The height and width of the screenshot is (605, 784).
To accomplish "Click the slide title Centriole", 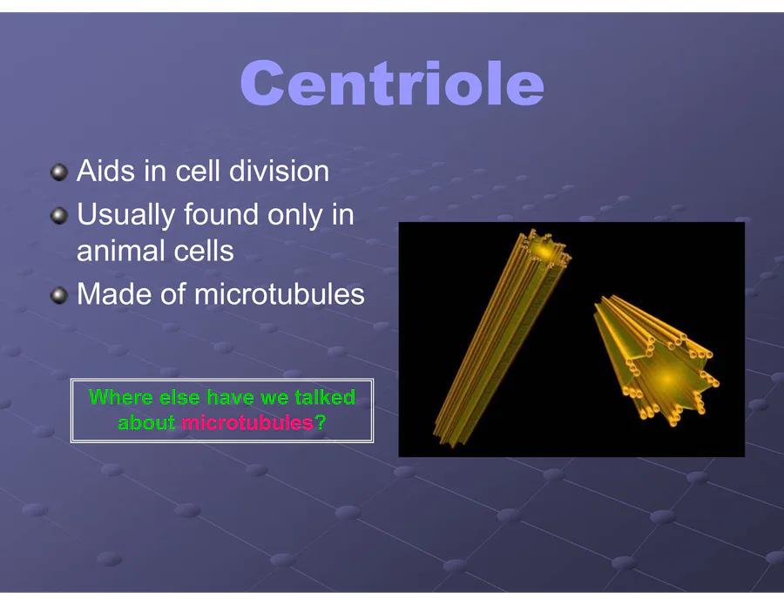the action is click(x=392, y=83).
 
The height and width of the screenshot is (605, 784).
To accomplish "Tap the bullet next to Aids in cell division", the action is click(x=59, y=172).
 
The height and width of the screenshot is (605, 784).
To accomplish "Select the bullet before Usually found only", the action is click(x=59, y=216).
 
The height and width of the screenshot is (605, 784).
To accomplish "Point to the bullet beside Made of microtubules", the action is click(x=59, y=295).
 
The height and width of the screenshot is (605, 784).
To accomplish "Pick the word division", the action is click(x=279, y=171).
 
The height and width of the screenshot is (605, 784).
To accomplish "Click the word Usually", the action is click(x=126, y=216).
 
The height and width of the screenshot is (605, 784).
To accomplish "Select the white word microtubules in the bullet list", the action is click(x=279, y=293).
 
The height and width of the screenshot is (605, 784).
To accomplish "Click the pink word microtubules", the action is click(x=247, y=423).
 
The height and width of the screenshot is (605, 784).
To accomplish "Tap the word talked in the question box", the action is click(x=325, y=397).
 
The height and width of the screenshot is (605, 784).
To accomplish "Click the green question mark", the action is click(x=321, y=423).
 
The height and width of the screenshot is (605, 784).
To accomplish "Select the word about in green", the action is click(x=146, y=423).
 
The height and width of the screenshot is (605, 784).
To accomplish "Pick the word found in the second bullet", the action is click(x=222, y=214).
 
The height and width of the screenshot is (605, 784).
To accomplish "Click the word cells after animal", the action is click(x=197, y=251).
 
